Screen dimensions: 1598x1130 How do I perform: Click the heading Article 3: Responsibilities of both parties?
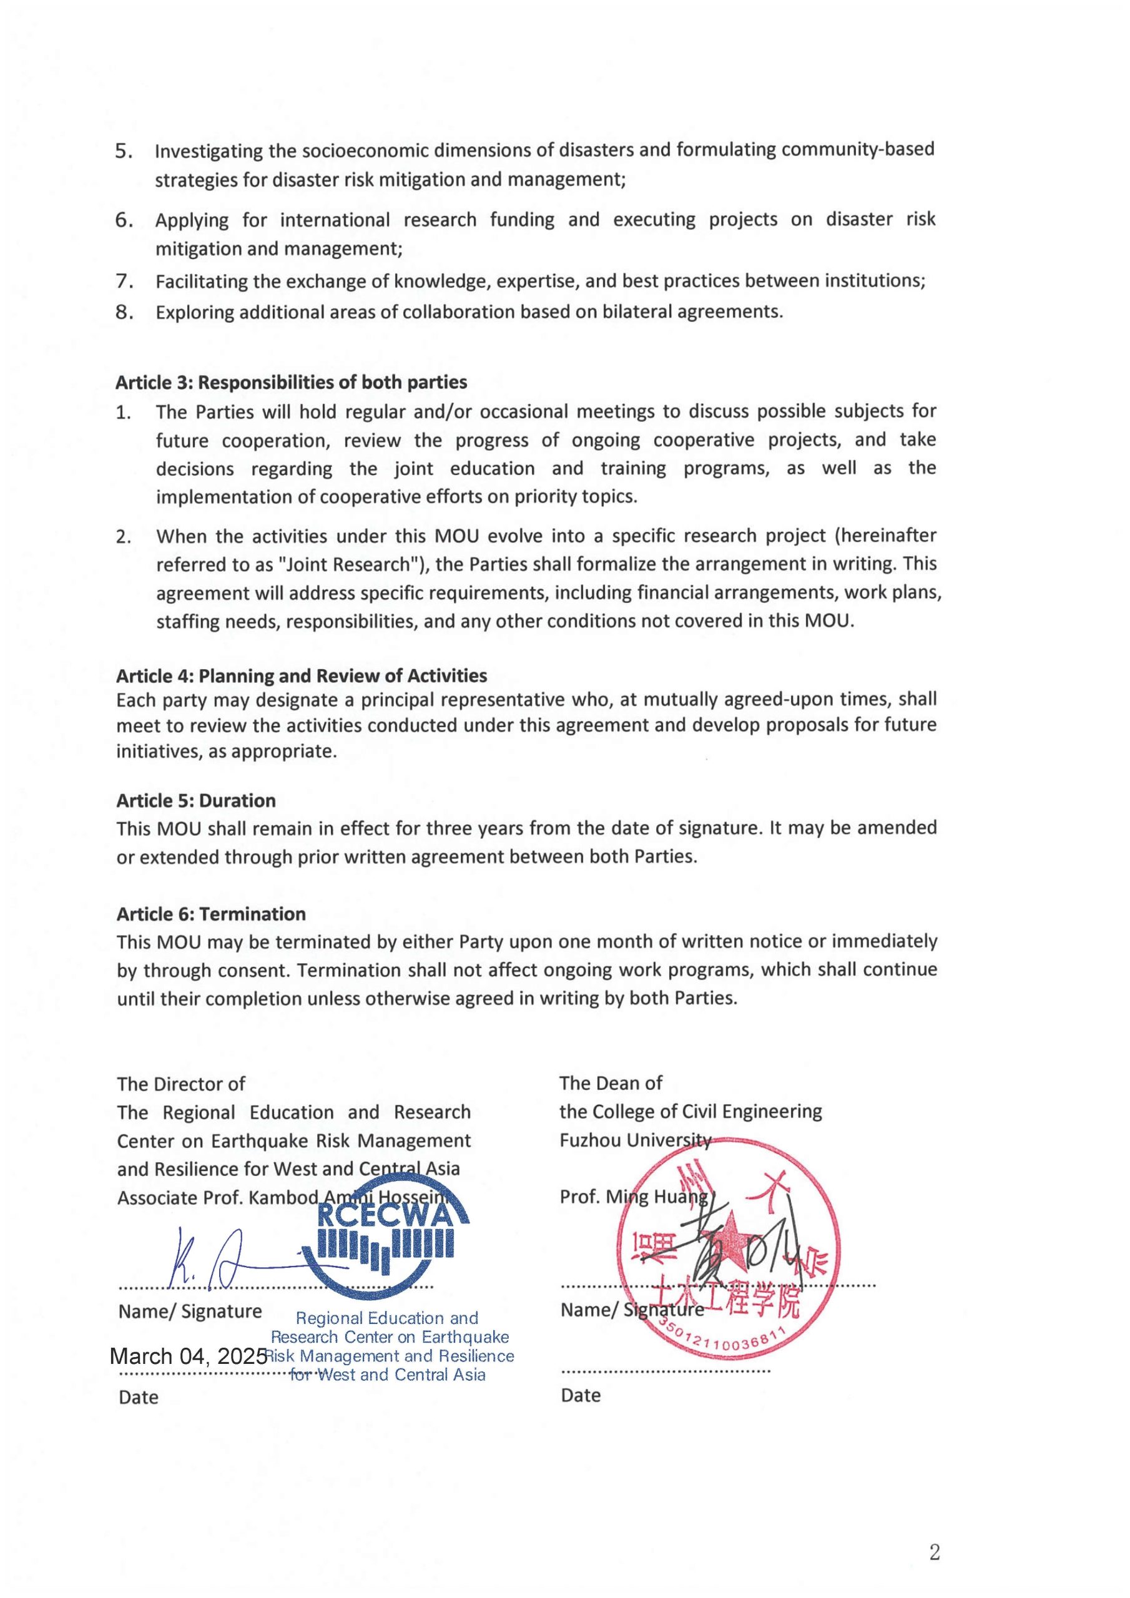click(291, 382)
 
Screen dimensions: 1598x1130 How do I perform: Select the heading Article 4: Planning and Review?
click(302, 676)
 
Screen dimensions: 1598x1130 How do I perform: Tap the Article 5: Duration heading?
click(195, 800)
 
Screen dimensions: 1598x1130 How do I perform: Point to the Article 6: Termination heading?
click(211, 914)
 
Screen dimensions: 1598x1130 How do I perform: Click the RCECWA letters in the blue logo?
click(385, 1215)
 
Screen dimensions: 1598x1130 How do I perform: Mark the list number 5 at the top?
click(124, 151)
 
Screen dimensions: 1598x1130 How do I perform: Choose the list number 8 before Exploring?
click(124, 313)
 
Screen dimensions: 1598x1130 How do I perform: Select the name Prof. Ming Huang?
click(634, 1197)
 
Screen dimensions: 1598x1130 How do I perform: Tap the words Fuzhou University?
click(635, 1140)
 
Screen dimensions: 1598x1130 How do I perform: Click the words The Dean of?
click(611, 1083)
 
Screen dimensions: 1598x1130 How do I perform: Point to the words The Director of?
click(181, 1084)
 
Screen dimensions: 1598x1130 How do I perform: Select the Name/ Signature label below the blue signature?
click(190, 1311)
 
